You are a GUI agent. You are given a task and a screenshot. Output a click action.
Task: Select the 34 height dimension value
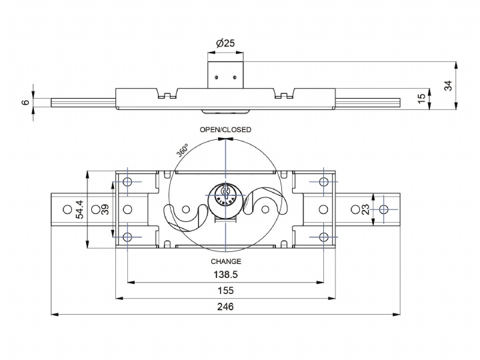[449, 85]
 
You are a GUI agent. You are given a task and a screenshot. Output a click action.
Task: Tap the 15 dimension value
[421, 97]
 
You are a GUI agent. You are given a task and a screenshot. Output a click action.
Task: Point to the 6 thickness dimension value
[25, 102]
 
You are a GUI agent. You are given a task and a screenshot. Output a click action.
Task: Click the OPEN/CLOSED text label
[226, 129]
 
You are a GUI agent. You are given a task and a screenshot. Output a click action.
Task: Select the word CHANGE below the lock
[226, 261]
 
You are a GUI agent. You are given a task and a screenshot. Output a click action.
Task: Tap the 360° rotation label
[183, 150]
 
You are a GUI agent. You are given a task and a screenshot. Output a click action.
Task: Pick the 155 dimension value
[226, 291]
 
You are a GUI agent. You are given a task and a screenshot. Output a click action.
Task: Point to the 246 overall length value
[226, 307]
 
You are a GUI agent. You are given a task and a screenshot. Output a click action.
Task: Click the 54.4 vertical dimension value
[80, 209]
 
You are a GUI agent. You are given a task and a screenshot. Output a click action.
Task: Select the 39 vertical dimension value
[105, 210]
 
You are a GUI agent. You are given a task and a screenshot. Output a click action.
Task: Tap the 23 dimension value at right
[366, 209]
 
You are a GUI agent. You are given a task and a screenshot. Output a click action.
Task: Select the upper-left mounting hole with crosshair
[128, 183]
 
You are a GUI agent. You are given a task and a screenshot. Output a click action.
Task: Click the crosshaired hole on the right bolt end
[383, 210]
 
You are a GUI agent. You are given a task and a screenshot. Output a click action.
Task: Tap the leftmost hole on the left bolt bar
[66, 210]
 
